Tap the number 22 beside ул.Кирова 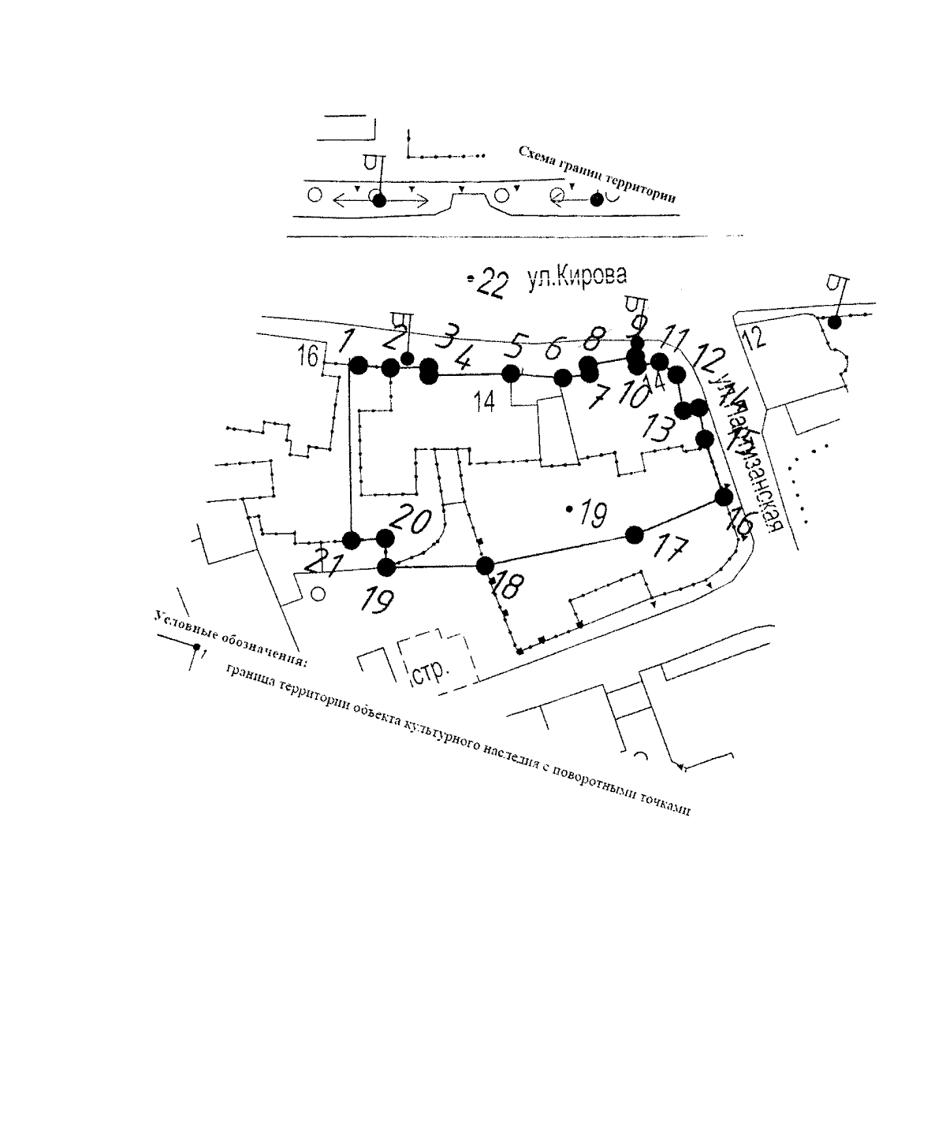coord(490,284)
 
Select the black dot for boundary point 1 coord(358,365)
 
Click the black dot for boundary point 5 coord(512,373)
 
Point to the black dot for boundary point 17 coord(633,535)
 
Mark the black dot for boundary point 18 coord(485,565)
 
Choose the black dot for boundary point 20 coord(385,538)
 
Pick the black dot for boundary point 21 coord(352,540)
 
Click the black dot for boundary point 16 coord(724,496)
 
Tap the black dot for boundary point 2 coord(389,367)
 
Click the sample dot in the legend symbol coord(196,646)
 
